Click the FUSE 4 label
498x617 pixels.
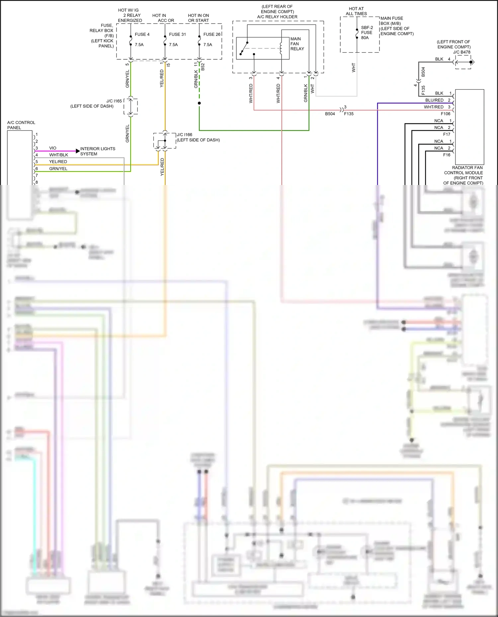coord(142,34)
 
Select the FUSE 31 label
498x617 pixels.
coord(177,34)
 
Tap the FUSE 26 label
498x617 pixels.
coord(212,34)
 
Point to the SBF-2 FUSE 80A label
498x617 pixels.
coord(367,33)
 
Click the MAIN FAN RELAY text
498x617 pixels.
coord(297,44)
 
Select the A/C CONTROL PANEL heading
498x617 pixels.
coord(21,125)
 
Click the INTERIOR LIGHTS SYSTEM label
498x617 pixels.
coord(98,151)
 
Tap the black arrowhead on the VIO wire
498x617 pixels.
coord(78,151)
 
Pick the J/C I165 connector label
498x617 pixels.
coord(114,101)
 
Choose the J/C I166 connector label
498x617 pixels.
coord(185,135)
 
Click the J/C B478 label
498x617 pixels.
coord(461,52)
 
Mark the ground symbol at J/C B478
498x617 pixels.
coord(473,62)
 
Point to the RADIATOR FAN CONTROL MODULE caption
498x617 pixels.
coord(463,175)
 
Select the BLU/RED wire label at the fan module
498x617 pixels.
coord(434,100)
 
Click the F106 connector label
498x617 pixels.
coord(446,114)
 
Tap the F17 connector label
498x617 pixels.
coord(447,134)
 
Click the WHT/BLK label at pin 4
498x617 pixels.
coord(59,155)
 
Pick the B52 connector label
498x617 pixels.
coord(203,67)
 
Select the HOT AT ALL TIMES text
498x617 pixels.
coord(356,11)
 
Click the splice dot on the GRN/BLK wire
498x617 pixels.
coord(199,103)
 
